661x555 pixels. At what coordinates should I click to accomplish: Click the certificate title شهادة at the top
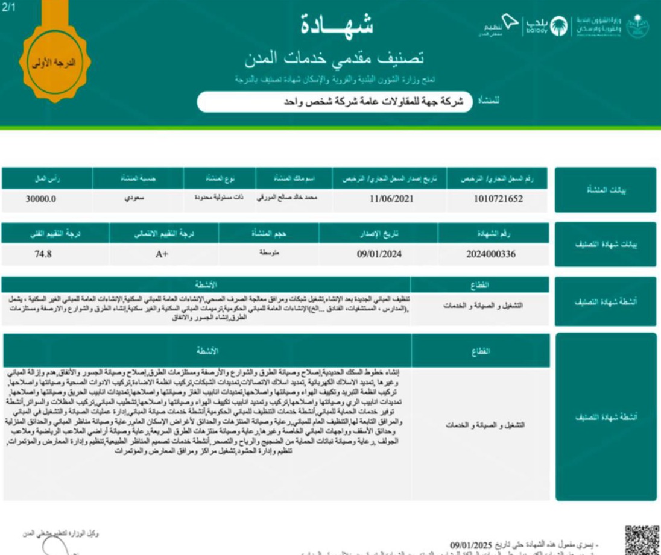click(x=337, y=24)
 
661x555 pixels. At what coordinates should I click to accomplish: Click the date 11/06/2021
click(x=392, y=198)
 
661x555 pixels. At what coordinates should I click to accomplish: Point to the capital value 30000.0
click(x=41, y=198)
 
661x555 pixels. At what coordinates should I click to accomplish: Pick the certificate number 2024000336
click(x=491, y=254)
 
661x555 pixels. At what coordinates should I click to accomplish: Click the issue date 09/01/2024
click(x=379, y=254)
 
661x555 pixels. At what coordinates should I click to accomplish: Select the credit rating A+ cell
click(x=162, y=254)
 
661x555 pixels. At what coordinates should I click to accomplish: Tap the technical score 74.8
click(x=43, y=254)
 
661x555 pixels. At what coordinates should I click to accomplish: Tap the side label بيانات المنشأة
click(x=605, y=190)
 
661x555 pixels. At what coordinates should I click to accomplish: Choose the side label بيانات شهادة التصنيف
click(x=605, y=245)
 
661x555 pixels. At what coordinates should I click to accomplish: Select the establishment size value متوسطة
click(x=269, y=253)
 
